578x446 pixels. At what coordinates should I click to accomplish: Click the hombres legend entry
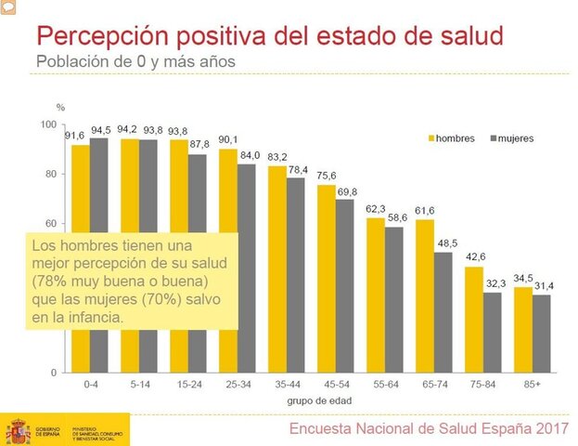(452, 138)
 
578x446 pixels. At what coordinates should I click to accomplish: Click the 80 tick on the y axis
(51, 174)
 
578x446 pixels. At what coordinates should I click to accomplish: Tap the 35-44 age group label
(286, 383)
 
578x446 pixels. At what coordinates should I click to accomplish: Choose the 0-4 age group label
(89, 383)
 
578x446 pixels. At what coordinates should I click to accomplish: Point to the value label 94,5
(100, 130)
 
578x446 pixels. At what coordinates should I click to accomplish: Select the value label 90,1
(227, 141)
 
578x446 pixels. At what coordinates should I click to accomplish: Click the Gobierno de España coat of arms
(19, 430)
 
